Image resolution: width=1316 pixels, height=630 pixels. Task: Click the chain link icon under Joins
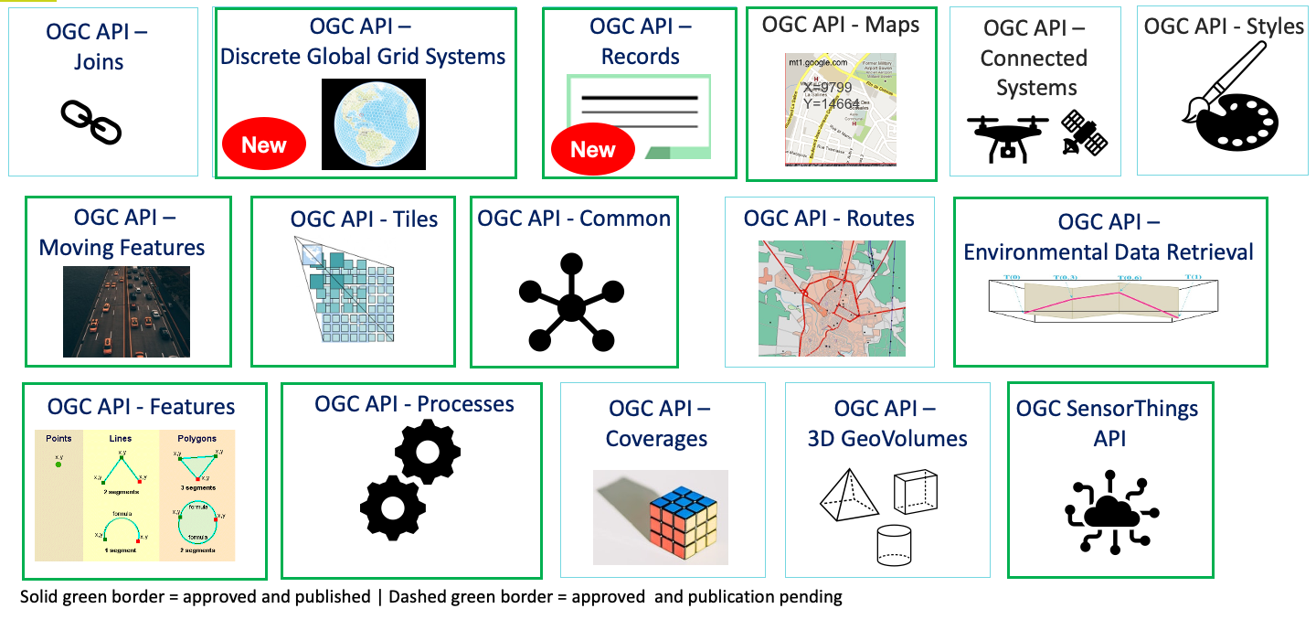click(91, 123)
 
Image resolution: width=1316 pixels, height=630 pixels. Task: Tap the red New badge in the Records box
click(593, 149)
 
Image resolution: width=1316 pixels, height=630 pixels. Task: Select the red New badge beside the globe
click(264, 144)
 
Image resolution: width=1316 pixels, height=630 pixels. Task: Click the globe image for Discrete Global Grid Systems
click(374, 123)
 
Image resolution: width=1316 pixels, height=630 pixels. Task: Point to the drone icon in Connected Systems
click(1009, 138)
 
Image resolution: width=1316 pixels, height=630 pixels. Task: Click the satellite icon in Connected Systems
click(1084, 133)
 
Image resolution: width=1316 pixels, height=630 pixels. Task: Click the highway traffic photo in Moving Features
click(126, 311)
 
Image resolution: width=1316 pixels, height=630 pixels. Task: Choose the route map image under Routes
click(832, 298)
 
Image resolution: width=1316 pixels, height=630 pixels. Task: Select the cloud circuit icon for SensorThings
click(1110, 512)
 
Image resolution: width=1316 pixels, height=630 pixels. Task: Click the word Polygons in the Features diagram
click(196, 438)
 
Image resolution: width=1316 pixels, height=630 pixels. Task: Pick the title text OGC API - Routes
click(829, 219)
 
